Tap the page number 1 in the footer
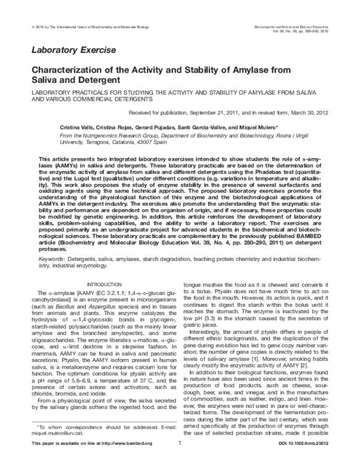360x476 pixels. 180,460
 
